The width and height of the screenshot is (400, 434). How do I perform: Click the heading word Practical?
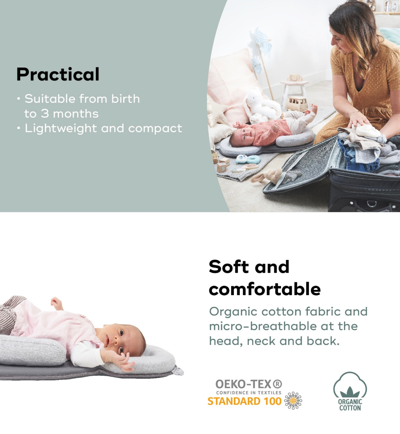click(x=58, y=74)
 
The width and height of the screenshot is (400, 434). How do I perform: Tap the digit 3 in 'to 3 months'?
click(x=45, y=113)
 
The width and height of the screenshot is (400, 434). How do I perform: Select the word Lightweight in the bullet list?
click(x=61, y=129)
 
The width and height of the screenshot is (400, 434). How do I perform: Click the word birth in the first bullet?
click(x=126, y=99)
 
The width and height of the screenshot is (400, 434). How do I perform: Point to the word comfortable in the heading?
click(x=265, y=290)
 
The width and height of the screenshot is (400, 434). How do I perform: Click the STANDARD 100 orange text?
click(x=245, y=401)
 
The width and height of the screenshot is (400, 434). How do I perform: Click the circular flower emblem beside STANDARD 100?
click(x=293, y=400)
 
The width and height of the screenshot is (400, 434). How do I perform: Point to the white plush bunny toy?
click(x=262, y=106)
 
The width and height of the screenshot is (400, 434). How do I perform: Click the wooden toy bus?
click(x=297, y=104)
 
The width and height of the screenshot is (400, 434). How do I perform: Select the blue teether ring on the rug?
click(x=248, y=159)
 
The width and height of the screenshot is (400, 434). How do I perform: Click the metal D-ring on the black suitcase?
click(x=372, y=203)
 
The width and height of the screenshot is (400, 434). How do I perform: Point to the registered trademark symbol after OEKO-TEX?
click(x=277, y=384)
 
